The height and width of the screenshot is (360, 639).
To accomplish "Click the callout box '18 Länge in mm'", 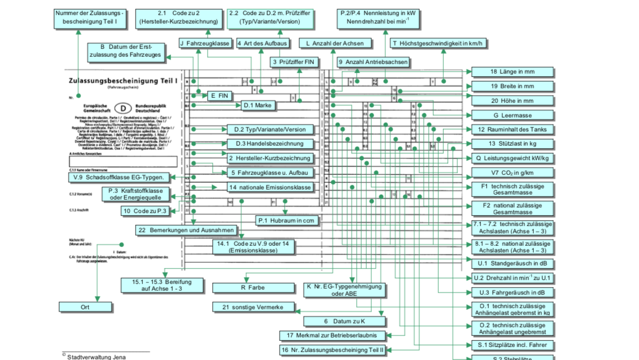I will pyautogui.click(x=512, y=72).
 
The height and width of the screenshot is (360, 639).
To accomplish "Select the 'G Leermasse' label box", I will pyautogui.click(x=512, y=115).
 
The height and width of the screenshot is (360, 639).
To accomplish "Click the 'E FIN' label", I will pyautogui.click(x=220, y=96).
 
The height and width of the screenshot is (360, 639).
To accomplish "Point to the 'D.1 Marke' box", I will pyautogui.click(x=259, y=105).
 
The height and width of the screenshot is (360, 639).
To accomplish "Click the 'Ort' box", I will pyautogui.click(x=85, y=307).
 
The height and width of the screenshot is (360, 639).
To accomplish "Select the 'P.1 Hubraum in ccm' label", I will pyautogui.click(x=286, y=220).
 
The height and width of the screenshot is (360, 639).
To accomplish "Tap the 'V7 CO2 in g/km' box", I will pyautogui.click(x=512, y=173).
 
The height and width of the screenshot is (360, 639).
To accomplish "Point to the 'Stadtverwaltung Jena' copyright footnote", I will pyautogui.click(x=96, y=357).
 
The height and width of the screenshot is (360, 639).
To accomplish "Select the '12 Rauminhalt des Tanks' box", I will pyautogui.click(x=512, y=129).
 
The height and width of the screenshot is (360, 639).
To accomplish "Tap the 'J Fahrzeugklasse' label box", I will pyautogui.click(x=205, y=43).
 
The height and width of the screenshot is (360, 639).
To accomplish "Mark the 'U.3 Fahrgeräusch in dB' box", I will pyautogui.click(x=512, y=292).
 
